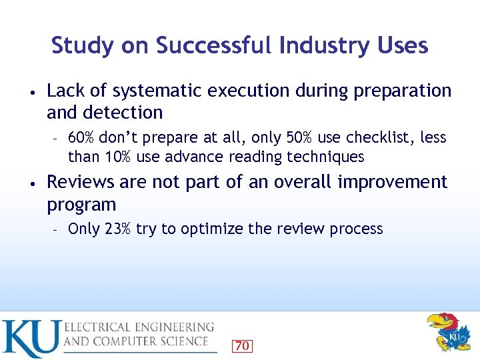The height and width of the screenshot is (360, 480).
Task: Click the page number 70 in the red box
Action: coord(243,345)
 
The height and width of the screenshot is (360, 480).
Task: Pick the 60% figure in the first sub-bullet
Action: coord(82,138)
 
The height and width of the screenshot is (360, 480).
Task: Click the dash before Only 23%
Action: coord(57,229)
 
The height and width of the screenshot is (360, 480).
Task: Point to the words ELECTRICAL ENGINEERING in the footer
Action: coord(139,327)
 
